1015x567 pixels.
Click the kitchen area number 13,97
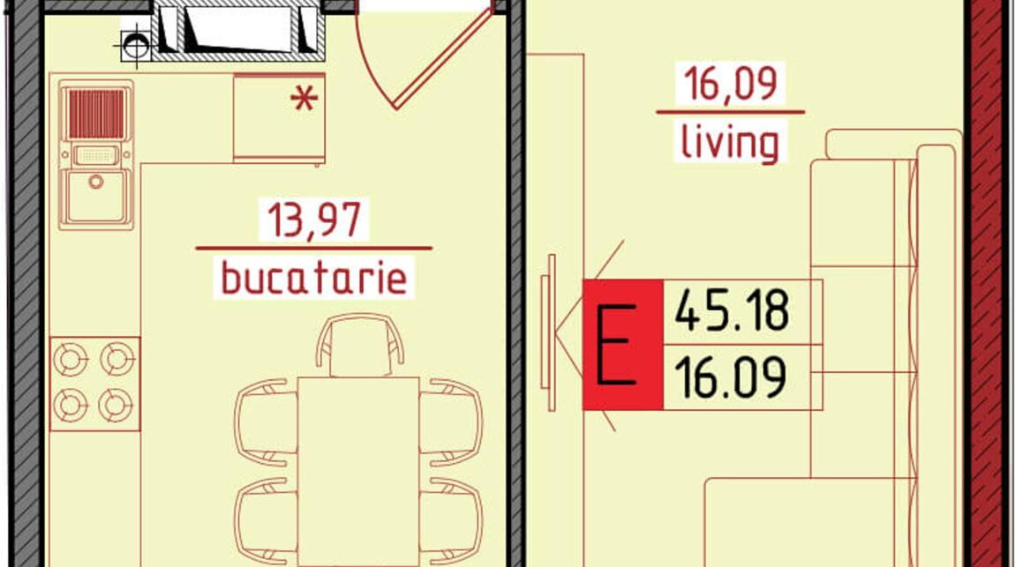[314, 220]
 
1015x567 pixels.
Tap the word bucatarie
[314, 278]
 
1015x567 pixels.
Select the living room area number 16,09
[730, 84]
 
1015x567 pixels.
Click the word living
[730, 143]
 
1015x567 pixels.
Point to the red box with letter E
[623, 345]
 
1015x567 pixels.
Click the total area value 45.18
[732, 310]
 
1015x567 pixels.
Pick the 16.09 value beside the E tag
[730, 377]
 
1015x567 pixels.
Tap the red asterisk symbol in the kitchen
[304, 99]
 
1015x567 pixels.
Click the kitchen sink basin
[96, 197]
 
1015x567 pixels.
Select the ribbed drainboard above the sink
[96, 114]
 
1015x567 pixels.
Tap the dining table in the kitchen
[358, 472]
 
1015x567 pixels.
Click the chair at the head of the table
[360, 345]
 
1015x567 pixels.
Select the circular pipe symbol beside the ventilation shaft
[135, 45]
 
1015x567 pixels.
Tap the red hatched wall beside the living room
[987, 283]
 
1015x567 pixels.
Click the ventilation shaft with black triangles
[238, 30]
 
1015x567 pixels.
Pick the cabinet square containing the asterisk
[279, 117]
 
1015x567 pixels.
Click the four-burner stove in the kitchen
[95, 384]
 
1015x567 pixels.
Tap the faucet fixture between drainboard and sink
[96, 155]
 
